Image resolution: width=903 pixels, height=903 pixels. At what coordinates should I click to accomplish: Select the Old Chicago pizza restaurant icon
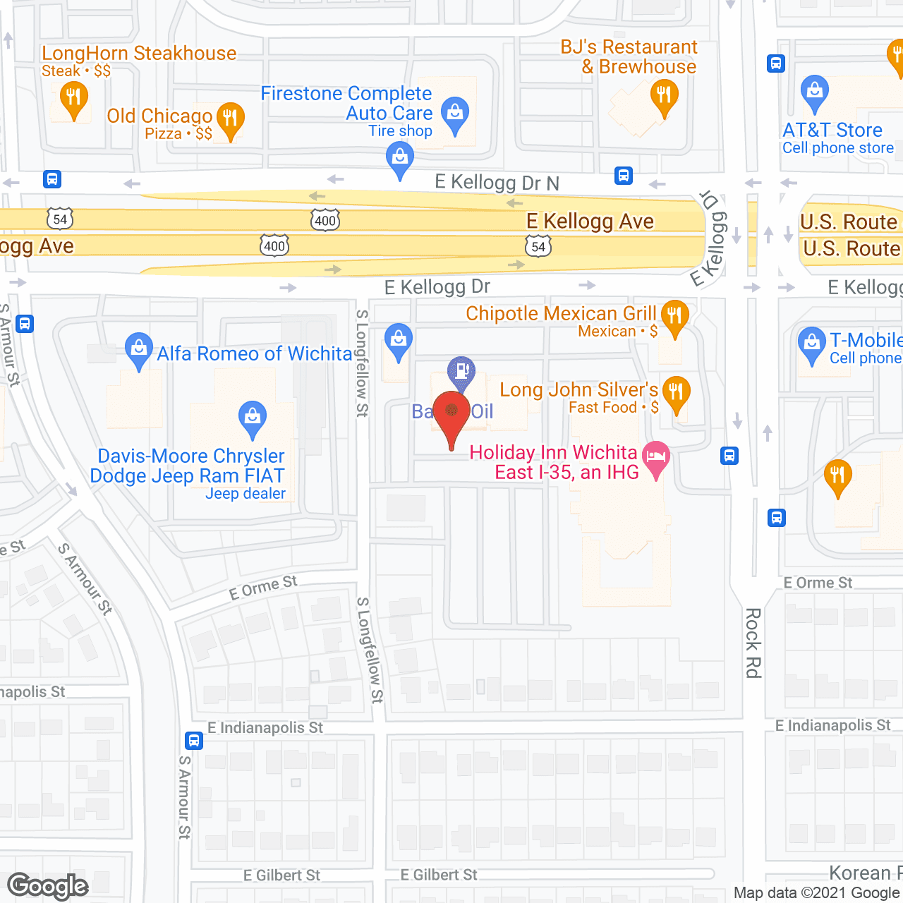[x=230, y=119]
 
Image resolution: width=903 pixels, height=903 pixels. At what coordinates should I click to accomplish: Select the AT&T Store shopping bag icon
[x=815, y=92]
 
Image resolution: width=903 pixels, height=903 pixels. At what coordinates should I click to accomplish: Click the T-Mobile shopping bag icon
[x=811, y=344]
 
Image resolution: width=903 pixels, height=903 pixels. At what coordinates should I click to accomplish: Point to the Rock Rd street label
[x=753, y=643]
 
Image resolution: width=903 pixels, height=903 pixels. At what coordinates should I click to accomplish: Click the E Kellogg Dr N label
[x=497, y=183]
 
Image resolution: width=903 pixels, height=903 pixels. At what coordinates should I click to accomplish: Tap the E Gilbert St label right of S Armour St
[x=281, y=875]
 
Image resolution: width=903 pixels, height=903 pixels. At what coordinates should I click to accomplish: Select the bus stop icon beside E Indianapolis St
[x=194, y=741]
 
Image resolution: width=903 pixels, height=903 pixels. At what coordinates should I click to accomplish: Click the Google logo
[x=48, y=886]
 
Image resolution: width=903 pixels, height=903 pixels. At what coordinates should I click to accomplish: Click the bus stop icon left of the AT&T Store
[x=776, y=63]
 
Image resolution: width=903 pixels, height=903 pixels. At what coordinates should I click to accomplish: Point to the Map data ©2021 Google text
[x=817, y=892]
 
